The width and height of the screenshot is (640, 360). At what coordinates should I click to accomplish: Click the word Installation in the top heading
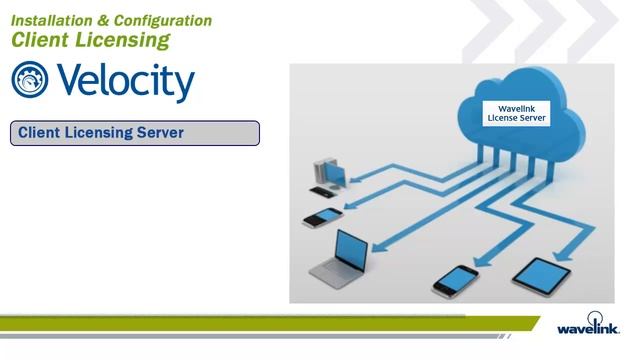click(x=47, y=20)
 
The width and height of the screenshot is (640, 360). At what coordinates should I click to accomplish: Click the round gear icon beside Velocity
click(x=29, y=81)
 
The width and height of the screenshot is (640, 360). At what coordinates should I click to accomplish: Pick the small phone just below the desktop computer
click(x=324, y=216)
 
